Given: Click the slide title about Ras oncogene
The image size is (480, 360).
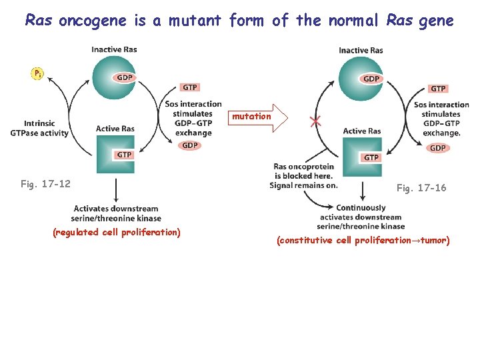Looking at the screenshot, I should click(239, 21).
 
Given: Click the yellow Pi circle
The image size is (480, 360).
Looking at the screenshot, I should click(38, 74).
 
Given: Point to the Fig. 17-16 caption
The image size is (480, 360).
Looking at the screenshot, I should click(421, 189).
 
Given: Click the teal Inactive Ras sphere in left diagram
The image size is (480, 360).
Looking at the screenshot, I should click(114, 77).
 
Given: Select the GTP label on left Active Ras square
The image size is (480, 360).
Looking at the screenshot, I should click(124, 155).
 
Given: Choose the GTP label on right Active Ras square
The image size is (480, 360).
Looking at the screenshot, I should click(371, 157).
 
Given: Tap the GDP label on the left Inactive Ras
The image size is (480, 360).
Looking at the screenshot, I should click(124, 78).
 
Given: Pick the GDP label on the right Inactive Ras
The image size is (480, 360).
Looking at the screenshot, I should click(371, 79).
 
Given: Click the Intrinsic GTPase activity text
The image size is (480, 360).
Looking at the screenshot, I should click(39, 128).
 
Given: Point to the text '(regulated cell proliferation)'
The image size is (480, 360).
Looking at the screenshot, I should click(117, 233).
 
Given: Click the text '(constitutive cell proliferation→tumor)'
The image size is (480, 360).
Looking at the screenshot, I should click(363, 240).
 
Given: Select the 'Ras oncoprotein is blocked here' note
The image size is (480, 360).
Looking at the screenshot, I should click(303, 176).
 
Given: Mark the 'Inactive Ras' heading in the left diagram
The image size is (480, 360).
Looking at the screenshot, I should click(114, 50).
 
